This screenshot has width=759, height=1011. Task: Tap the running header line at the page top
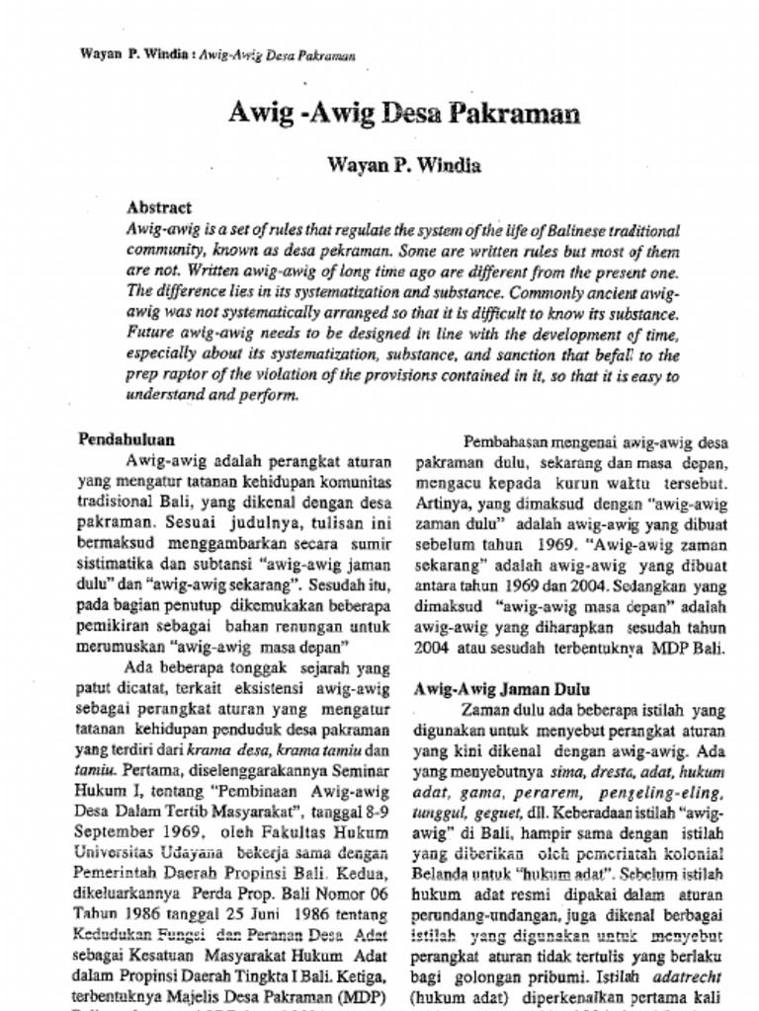216,54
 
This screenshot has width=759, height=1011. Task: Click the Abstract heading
159,208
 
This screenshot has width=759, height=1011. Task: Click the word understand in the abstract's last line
163,395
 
